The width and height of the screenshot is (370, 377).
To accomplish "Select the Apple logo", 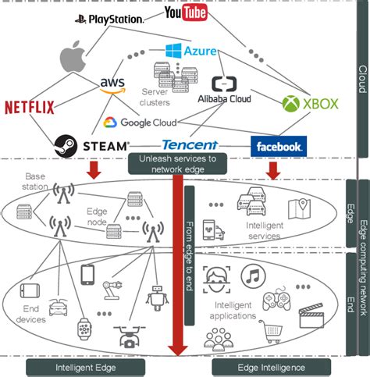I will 73,59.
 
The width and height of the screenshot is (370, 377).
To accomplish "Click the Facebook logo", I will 278,146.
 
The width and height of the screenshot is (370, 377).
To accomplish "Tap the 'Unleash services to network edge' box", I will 176,162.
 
